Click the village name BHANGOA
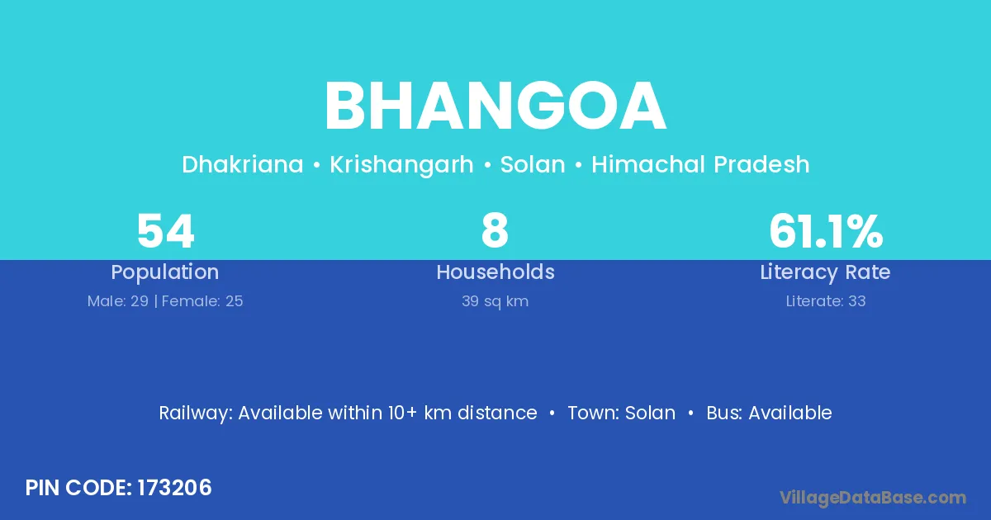pos(495,106)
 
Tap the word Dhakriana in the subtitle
pos(243,164)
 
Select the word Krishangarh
pos(401,164)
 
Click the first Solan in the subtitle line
pos(533,164)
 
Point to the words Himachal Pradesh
pos(701,164)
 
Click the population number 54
pos(165,231)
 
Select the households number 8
pos(495,231)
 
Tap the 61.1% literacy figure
pos(826,231)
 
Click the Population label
pos(165,272)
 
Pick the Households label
pos(495,272)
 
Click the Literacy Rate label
pos(826,272)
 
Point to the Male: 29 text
pos(117,301)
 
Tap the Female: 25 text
pos(202,301)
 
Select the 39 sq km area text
pos(495,301)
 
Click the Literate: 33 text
pos(826,301)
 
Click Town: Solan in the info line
pos(622,413)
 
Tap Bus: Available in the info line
pos(769,413)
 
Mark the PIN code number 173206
pos(175,488)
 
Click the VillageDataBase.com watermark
pos(873,498)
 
